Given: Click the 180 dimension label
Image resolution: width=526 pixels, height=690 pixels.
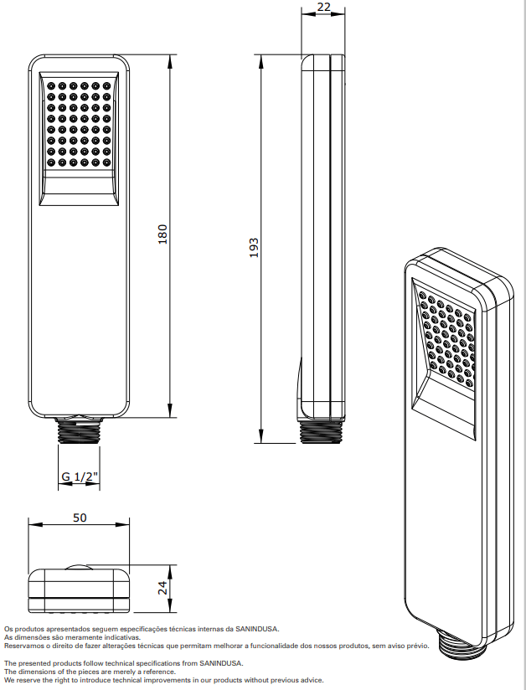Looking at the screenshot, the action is pyautogui.click(x=162, y=234).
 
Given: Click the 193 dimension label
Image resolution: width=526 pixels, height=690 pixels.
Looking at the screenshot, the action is pyautogui.click(x=254, y=248).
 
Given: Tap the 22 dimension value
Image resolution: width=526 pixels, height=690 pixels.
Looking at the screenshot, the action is pyautogui.click(x=323, y=7).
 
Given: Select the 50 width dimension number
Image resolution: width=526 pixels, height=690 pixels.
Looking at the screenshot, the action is pyautogui.click(x=80, y=517).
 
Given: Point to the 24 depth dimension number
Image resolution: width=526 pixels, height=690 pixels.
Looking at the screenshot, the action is pyautogui.click(x=162, y=588).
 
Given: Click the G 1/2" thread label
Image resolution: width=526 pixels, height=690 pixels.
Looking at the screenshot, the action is pyautogui.click(x=80, y=476).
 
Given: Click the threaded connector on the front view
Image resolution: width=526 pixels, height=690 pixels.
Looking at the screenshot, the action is pyautogui.click(x=80, y=430).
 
